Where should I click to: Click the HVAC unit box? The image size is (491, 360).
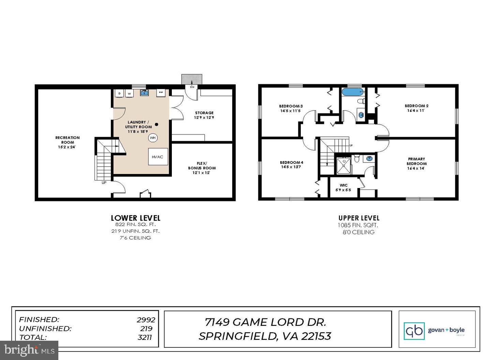pyautogui.click(x=158, y=157)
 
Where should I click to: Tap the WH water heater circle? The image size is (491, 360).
pyautogui.click(x=153, y=138)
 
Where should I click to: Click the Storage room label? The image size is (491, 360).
pyautogui.click(x=204, y=113)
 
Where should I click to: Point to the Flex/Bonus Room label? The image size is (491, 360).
pyautogui.click(x=202, y=168)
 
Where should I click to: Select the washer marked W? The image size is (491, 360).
pyautogui.click(x=129, y=93)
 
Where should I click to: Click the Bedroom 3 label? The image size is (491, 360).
pyautogui.click(x=291, y=106)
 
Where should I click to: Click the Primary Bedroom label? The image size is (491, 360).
pyautogui.click(x=416, y=161)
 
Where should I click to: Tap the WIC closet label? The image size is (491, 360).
pyautogui.click(x=343, y=185)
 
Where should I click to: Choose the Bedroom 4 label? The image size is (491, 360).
pyautogui.click(x=292, y=162)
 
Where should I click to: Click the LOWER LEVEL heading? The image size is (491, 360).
pyautogui.click(x=135, y=218)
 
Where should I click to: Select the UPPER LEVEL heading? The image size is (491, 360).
pyautogui.click(x=359, y=218)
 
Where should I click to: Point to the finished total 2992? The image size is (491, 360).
pyautogui.click(x=146, y=320)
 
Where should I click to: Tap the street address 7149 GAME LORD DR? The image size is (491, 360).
pyautogui.click(x=265, y=322)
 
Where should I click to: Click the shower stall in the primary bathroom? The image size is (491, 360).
pyautogui.click(x=343, y=165)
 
